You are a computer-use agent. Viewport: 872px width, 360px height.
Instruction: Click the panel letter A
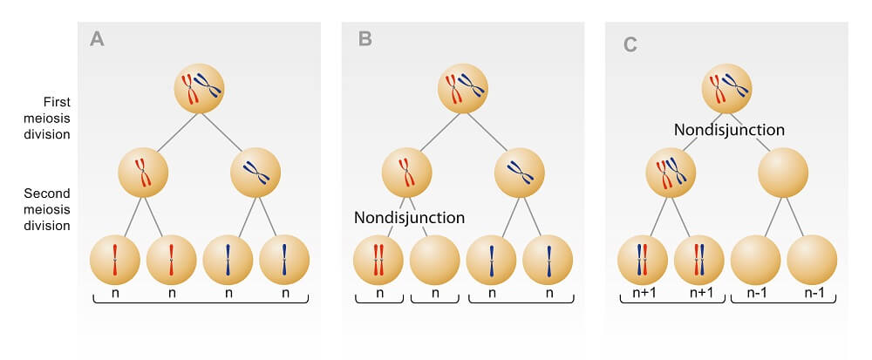pos(98,40)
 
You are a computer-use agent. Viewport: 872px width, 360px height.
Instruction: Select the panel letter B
pos(366,40)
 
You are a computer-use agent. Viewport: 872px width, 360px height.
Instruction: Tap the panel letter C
pos(630,42)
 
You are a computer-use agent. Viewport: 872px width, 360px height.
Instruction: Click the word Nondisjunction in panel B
pos(409,217)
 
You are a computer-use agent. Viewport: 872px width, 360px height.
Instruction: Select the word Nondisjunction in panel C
pos(729,129)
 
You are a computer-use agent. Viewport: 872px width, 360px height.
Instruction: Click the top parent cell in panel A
pos(200,86)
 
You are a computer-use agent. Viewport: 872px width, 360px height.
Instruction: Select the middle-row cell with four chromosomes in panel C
pos(671,173)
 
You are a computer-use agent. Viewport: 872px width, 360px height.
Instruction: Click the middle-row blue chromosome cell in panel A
pos(255,173)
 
